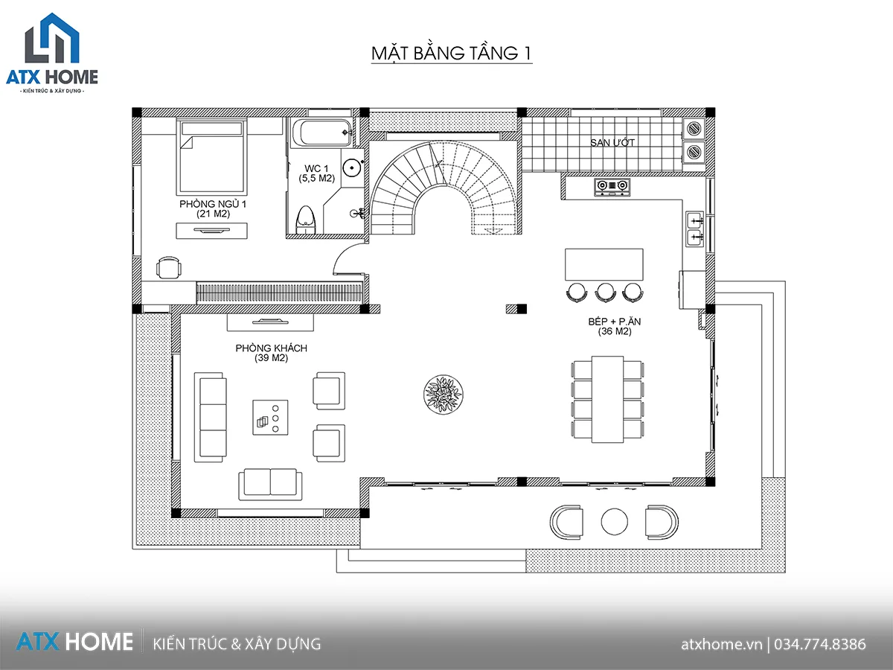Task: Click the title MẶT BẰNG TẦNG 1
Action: tap(452, 53)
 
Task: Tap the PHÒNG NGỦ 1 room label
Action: tap(213, 204)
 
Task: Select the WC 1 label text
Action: tap(316, 168)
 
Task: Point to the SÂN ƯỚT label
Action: tap(612, 142)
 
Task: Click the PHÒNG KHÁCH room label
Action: tap(272, 348)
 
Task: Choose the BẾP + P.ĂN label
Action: tap(615, 322)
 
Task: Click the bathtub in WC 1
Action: tap(321, 133)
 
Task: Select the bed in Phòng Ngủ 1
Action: tap(211, 156)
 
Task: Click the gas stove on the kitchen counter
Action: tap(612, 187)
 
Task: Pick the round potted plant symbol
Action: tap(443, 395)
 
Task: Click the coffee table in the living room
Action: tap(270, 418)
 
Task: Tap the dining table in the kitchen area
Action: tap(607, 399)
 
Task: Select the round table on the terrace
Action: tap(615, 522)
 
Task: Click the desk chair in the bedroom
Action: tap(168, 267)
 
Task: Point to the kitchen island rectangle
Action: tap(604, 264)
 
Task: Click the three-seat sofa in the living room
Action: tap(211, 417)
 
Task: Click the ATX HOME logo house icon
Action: tap(52, 38)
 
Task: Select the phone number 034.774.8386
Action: tap(820, 644)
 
